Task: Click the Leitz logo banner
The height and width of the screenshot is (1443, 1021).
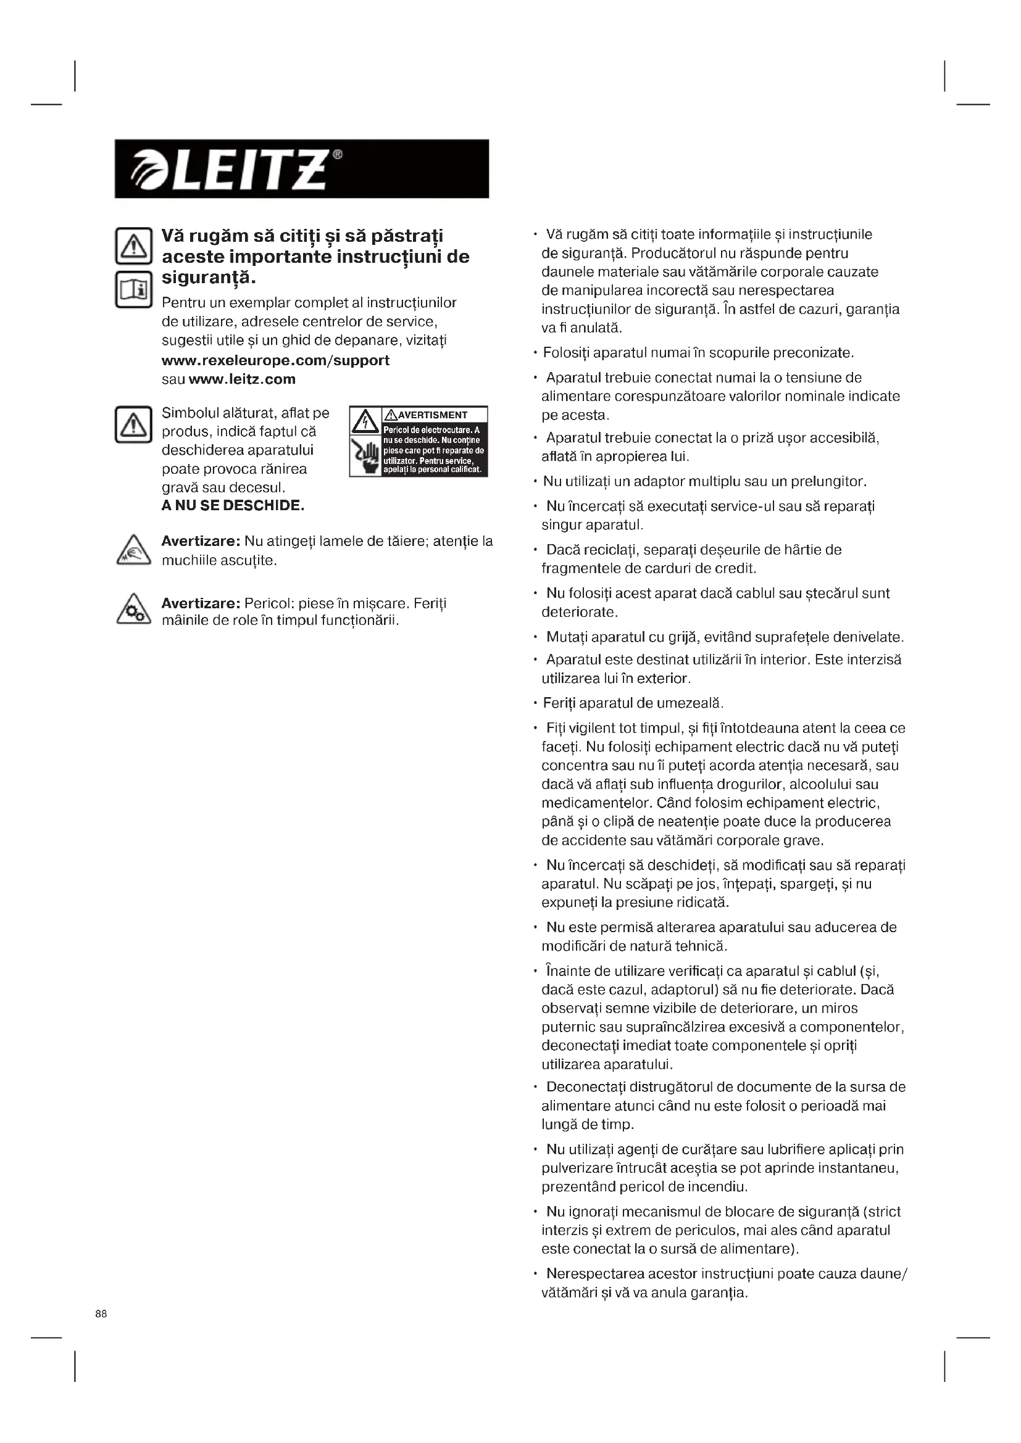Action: coord(301,168)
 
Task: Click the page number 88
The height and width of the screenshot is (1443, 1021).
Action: coord(101,1313)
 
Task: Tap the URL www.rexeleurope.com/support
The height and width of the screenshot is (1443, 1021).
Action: coord(275,360)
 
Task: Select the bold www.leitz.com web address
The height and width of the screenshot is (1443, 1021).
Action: coord(242,379)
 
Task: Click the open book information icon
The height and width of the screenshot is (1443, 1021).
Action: coord(133,289)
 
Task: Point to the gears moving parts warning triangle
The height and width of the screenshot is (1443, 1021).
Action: coord(133,610)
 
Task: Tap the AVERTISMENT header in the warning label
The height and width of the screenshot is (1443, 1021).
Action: coord(433,415)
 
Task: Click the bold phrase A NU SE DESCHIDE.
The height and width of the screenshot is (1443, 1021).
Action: coord(233,506)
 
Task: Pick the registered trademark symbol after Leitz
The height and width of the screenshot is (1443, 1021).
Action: coord(338,155)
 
